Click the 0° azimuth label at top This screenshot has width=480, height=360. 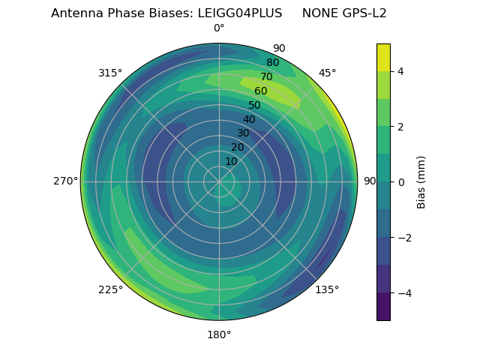pyautogui.click(x=219, y=28)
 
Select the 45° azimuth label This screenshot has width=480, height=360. pyautogui.click(x=328, y=73)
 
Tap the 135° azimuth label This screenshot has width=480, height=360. pyautogui.click(x=327, y=289)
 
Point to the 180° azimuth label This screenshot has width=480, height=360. pyautogui.click(x=219, y=334)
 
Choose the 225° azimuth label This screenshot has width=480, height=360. pyautogui.click(x=110, y=289)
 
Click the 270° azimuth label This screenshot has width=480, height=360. pyautogui.click(x=65, y=181)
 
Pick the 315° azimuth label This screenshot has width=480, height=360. pyautogui.click(x=110, y=73)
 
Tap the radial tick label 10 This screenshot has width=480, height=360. pyautogui.click(x=231, y=161)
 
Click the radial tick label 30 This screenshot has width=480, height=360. pyautogui.click(x=243, y=133)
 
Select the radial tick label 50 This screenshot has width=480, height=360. pyautogui.click(x=255, y=105)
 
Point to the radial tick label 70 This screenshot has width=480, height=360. pyautogui.click(x=266, y=76)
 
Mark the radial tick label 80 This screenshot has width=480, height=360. pyautogui.click(x=272, y=63)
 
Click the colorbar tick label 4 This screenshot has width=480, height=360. pyautogui.click(x=401, y=71)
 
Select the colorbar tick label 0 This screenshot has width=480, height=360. pyautogui.click(x=401, y=182)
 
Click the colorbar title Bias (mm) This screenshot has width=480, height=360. pyautogui.click(x=421, y=182)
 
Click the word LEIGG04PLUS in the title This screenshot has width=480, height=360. pyautogui.click(x=240, y=13)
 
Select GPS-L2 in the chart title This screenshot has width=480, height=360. pyautogui.click(x=365, y=13)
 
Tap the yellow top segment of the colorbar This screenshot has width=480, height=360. pyautogui.click(x=383, y=57)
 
